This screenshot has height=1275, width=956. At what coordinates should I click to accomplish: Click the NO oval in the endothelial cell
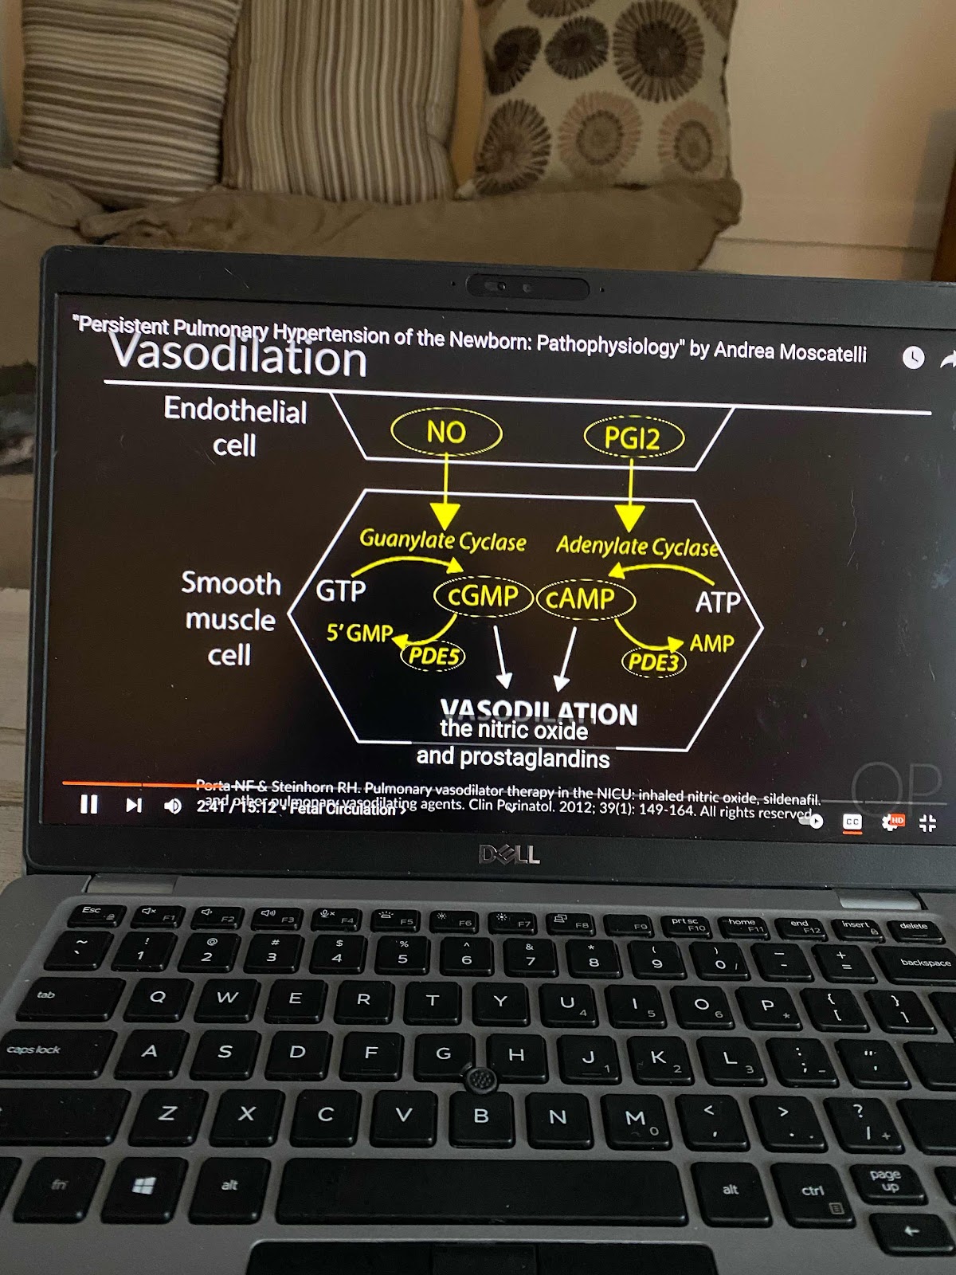pyautogui.click(x=446, y=433)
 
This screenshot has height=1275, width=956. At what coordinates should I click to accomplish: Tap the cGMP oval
pyautogui.click(x=483, y=596)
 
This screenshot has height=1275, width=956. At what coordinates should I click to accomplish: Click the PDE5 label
pyautogui.click(x=433, y=656)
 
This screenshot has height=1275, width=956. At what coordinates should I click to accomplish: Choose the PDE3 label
pyautogui.click(x=653, y=661)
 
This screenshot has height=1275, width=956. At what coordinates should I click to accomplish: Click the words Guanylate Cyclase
pyautogui.click(x=443, y=541)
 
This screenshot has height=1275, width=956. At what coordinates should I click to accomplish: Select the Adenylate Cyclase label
pyautogui.click(x=637, y=547)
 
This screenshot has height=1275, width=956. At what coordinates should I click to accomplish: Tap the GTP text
pyautogui.click(x=341, y=591)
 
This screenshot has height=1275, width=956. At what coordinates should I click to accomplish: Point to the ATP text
pyautogui.click(x=718, y=602)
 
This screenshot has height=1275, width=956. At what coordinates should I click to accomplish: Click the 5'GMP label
pyautogui.click(x=360, y=634)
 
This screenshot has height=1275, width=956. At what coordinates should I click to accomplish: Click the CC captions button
pyautogui.click(x=852, y=822)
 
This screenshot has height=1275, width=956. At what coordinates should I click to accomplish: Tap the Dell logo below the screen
pyautogui.click(x=510, y=855)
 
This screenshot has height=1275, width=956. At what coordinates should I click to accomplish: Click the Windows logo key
pyautogui.click(x=143, y=1187)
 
